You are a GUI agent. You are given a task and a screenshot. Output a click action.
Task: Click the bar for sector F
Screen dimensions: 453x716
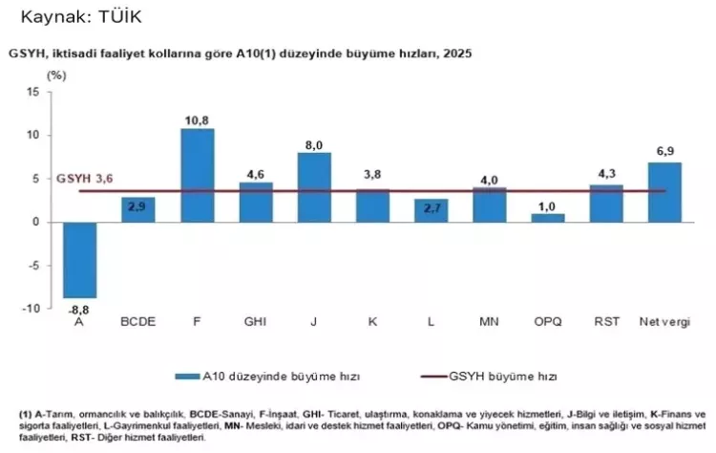click(x=197, y=175)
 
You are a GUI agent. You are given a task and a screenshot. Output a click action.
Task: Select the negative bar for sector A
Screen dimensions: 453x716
click(x=79, y=259)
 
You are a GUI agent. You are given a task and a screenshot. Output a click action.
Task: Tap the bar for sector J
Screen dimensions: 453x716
click(x=314, y=186)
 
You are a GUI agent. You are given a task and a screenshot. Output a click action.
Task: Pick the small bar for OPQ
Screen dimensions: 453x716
click(x=548, y=217)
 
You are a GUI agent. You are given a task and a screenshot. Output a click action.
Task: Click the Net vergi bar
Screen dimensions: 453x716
click(x=664, y=192)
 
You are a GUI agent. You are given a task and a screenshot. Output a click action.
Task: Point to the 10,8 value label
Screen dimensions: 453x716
click(x=197, y=119)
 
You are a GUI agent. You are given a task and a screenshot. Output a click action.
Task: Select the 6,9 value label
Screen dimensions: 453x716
click(x=664, y=153)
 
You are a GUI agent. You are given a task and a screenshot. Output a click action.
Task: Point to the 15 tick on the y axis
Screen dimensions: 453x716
click(x=33, y=92)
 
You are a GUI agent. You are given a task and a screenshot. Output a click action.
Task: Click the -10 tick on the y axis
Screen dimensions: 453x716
click(x=32, y=309)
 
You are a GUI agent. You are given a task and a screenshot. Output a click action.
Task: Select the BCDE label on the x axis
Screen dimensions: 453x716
click(x=137, y=320)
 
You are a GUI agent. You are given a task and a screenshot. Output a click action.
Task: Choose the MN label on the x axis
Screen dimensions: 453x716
click(x=489, y=320)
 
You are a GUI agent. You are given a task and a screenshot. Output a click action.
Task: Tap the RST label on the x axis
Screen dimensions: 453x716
click(x=606, y=320)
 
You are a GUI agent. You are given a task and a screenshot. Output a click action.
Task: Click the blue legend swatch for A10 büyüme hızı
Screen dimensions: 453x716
click(x=191, y=376)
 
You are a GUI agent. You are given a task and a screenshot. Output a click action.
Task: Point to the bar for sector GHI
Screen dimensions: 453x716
click(x=255, y=202)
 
